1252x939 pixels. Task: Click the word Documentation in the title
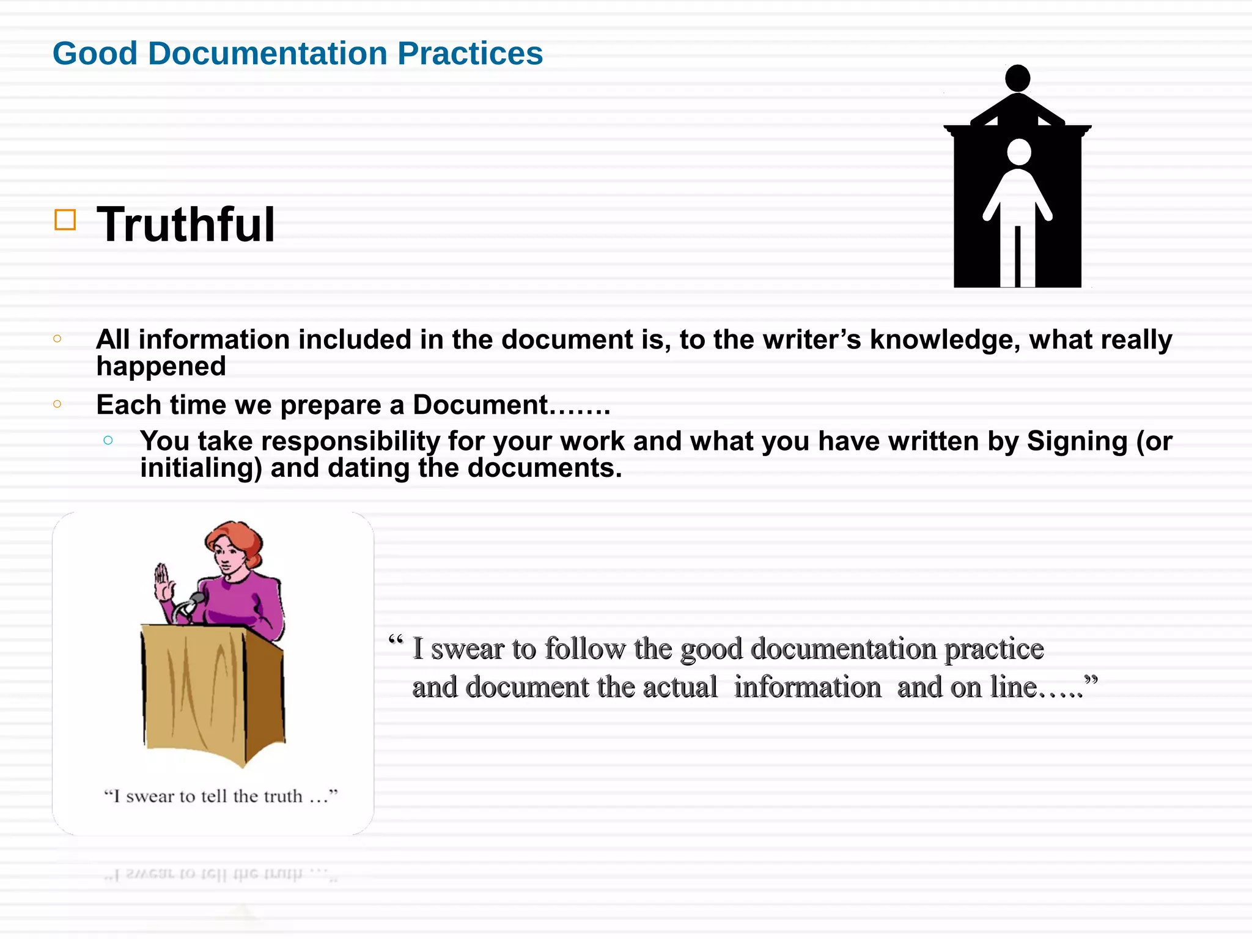268,54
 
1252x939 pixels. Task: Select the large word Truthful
186,224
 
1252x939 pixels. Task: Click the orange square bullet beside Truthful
65,220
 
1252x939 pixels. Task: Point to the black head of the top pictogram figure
1017,78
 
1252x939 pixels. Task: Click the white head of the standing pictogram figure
1018,152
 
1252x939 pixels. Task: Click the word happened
161,367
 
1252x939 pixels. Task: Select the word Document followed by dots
481,405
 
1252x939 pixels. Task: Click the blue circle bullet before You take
108,440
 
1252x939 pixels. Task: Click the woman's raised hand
163,582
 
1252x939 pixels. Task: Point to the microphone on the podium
196,599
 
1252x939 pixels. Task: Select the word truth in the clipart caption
285,797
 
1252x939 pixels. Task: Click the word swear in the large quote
467,649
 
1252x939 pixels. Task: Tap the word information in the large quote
807,688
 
